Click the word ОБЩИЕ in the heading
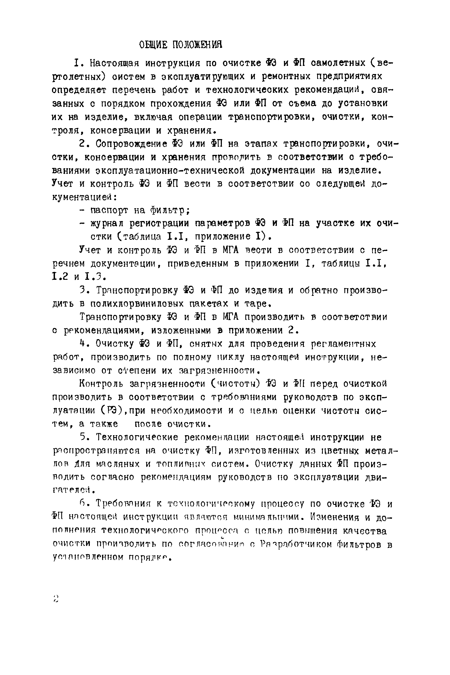coord(153,45)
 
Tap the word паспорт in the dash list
coord(109,211)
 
